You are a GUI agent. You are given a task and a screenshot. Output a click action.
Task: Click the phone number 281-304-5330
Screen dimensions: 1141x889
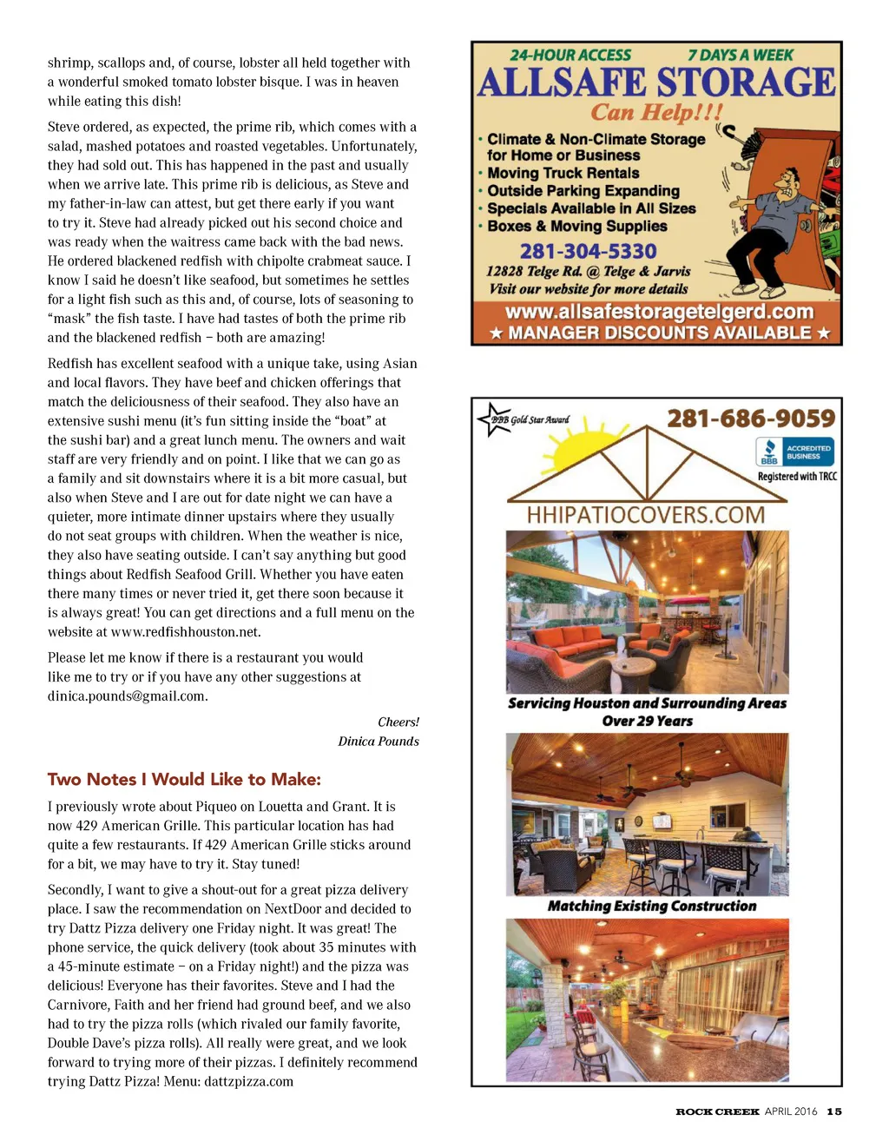(x=588, y=251)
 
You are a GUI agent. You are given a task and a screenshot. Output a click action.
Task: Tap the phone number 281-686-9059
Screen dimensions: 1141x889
(x=751, y=419)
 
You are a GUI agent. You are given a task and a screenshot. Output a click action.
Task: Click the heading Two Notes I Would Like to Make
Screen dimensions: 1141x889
(x=184, y=779)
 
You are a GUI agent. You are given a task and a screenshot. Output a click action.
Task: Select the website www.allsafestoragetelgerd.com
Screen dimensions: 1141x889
(x=659, y=312)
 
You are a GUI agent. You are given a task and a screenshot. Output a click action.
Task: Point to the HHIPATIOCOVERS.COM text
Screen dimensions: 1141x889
(x=646, y=514)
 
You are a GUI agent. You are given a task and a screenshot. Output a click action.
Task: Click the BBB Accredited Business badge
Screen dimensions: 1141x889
(x=795, y=452)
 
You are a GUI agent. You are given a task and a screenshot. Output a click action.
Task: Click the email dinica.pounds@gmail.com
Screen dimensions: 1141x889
(x=127, y=696)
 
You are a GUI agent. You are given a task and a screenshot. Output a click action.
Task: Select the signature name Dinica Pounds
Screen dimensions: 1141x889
(x=379, y=742)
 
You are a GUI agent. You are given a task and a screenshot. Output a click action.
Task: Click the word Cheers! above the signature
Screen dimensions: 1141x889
(x=398, y=722)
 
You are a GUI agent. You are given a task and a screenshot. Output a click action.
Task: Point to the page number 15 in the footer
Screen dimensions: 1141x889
(x=834, y=1111)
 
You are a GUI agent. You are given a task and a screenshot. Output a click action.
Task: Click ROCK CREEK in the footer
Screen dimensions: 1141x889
(x=717, y=1111)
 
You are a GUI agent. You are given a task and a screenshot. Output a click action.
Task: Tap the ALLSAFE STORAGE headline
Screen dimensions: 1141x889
(x=656, y=83)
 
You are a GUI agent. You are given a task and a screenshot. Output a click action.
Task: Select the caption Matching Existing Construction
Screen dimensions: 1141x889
(x=652, y=906)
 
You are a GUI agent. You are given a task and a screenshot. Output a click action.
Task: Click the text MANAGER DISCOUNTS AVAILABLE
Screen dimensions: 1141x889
(x=659, y=333)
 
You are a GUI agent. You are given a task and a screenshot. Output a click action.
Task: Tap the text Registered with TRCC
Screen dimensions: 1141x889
(x=797, y=476)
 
